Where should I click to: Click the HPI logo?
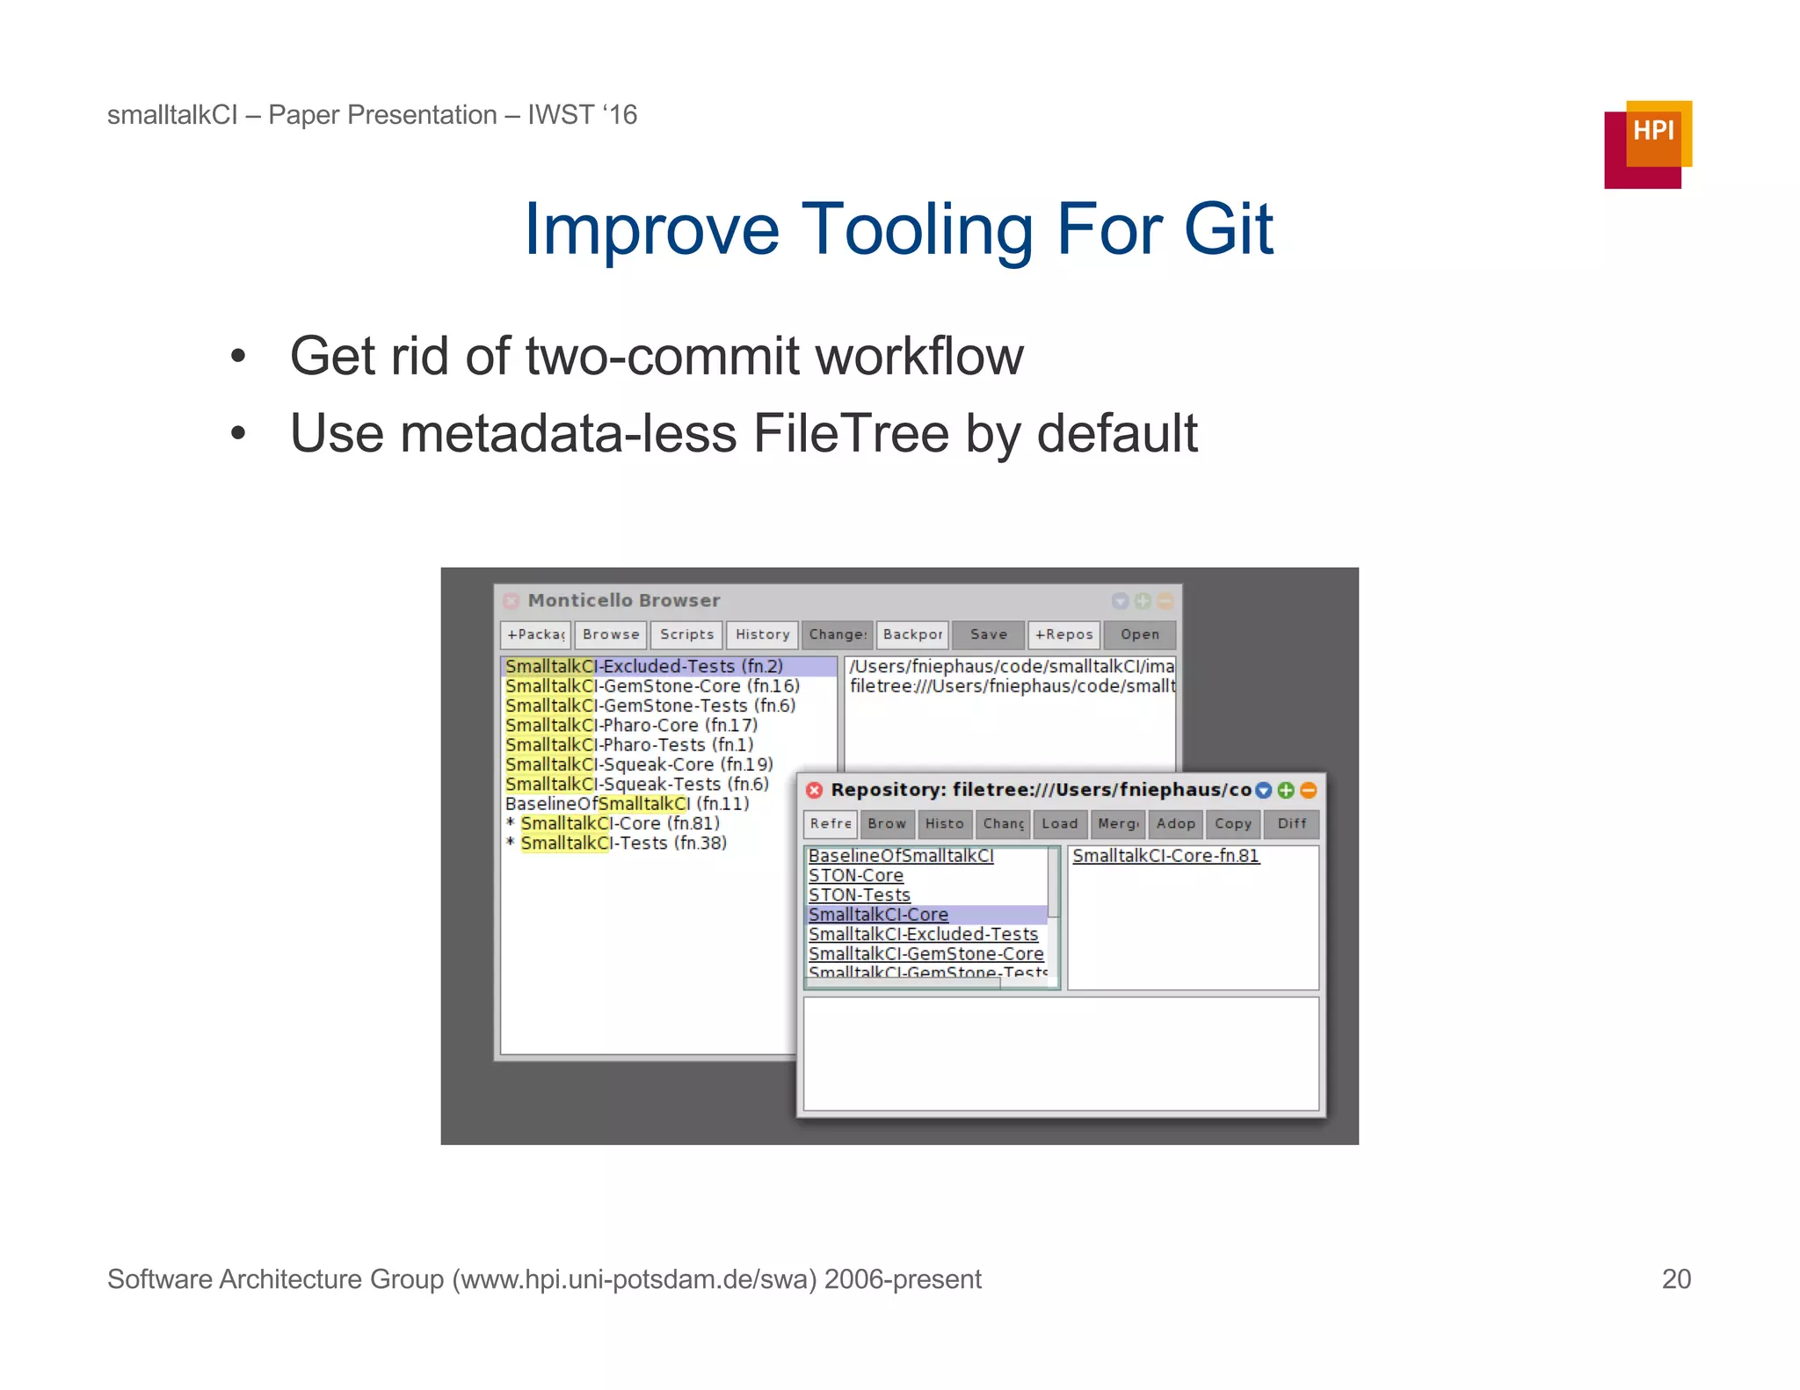(x=1647, y=144)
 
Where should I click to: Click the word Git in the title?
(x=1228, y=229)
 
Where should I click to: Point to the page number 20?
(x=1675, y=1278)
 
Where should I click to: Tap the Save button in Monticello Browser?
(x=988, y=634)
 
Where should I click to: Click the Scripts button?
(x=686, y=634)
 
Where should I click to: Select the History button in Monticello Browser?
(x=762, y=634)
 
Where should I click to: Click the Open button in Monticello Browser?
(x=1139, y=634)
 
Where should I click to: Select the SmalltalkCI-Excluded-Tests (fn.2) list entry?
(x=643, y=666)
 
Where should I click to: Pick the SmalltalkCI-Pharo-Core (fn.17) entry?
(x=630, y=725)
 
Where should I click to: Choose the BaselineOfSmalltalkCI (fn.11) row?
(x=627, y=803)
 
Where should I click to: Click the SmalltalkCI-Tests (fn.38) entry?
(x=623, y=843)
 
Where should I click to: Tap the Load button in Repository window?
(x=1059, y=823)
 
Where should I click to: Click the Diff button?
(x=1291, y=823)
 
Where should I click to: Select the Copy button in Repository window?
(x=1232, y=823)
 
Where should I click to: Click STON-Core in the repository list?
(x=855, y=875)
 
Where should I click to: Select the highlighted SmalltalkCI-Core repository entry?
(x=878, y=915)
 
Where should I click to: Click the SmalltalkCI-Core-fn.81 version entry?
(x=1165, y=856)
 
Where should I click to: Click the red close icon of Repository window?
(x=814, y=790)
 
